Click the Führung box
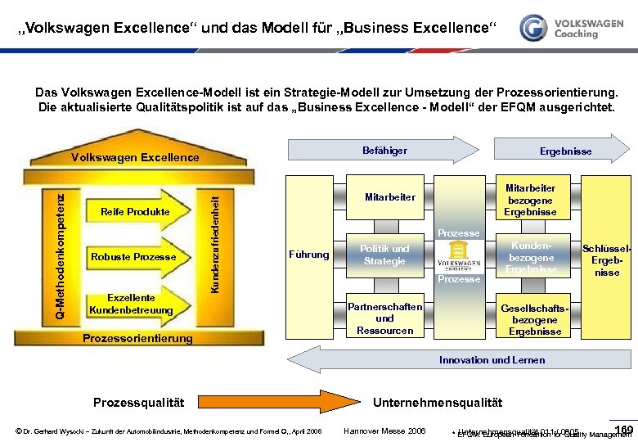(309, 255)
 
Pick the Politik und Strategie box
(384, 255)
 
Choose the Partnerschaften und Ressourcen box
(384, 318)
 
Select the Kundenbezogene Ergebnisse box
(531, 257)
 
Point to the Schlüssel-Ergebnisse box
(606, 260)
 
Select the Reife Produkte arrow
(135, 212)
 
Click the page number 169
(623, 429)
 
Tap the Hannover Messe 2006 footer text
(385, 431)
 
